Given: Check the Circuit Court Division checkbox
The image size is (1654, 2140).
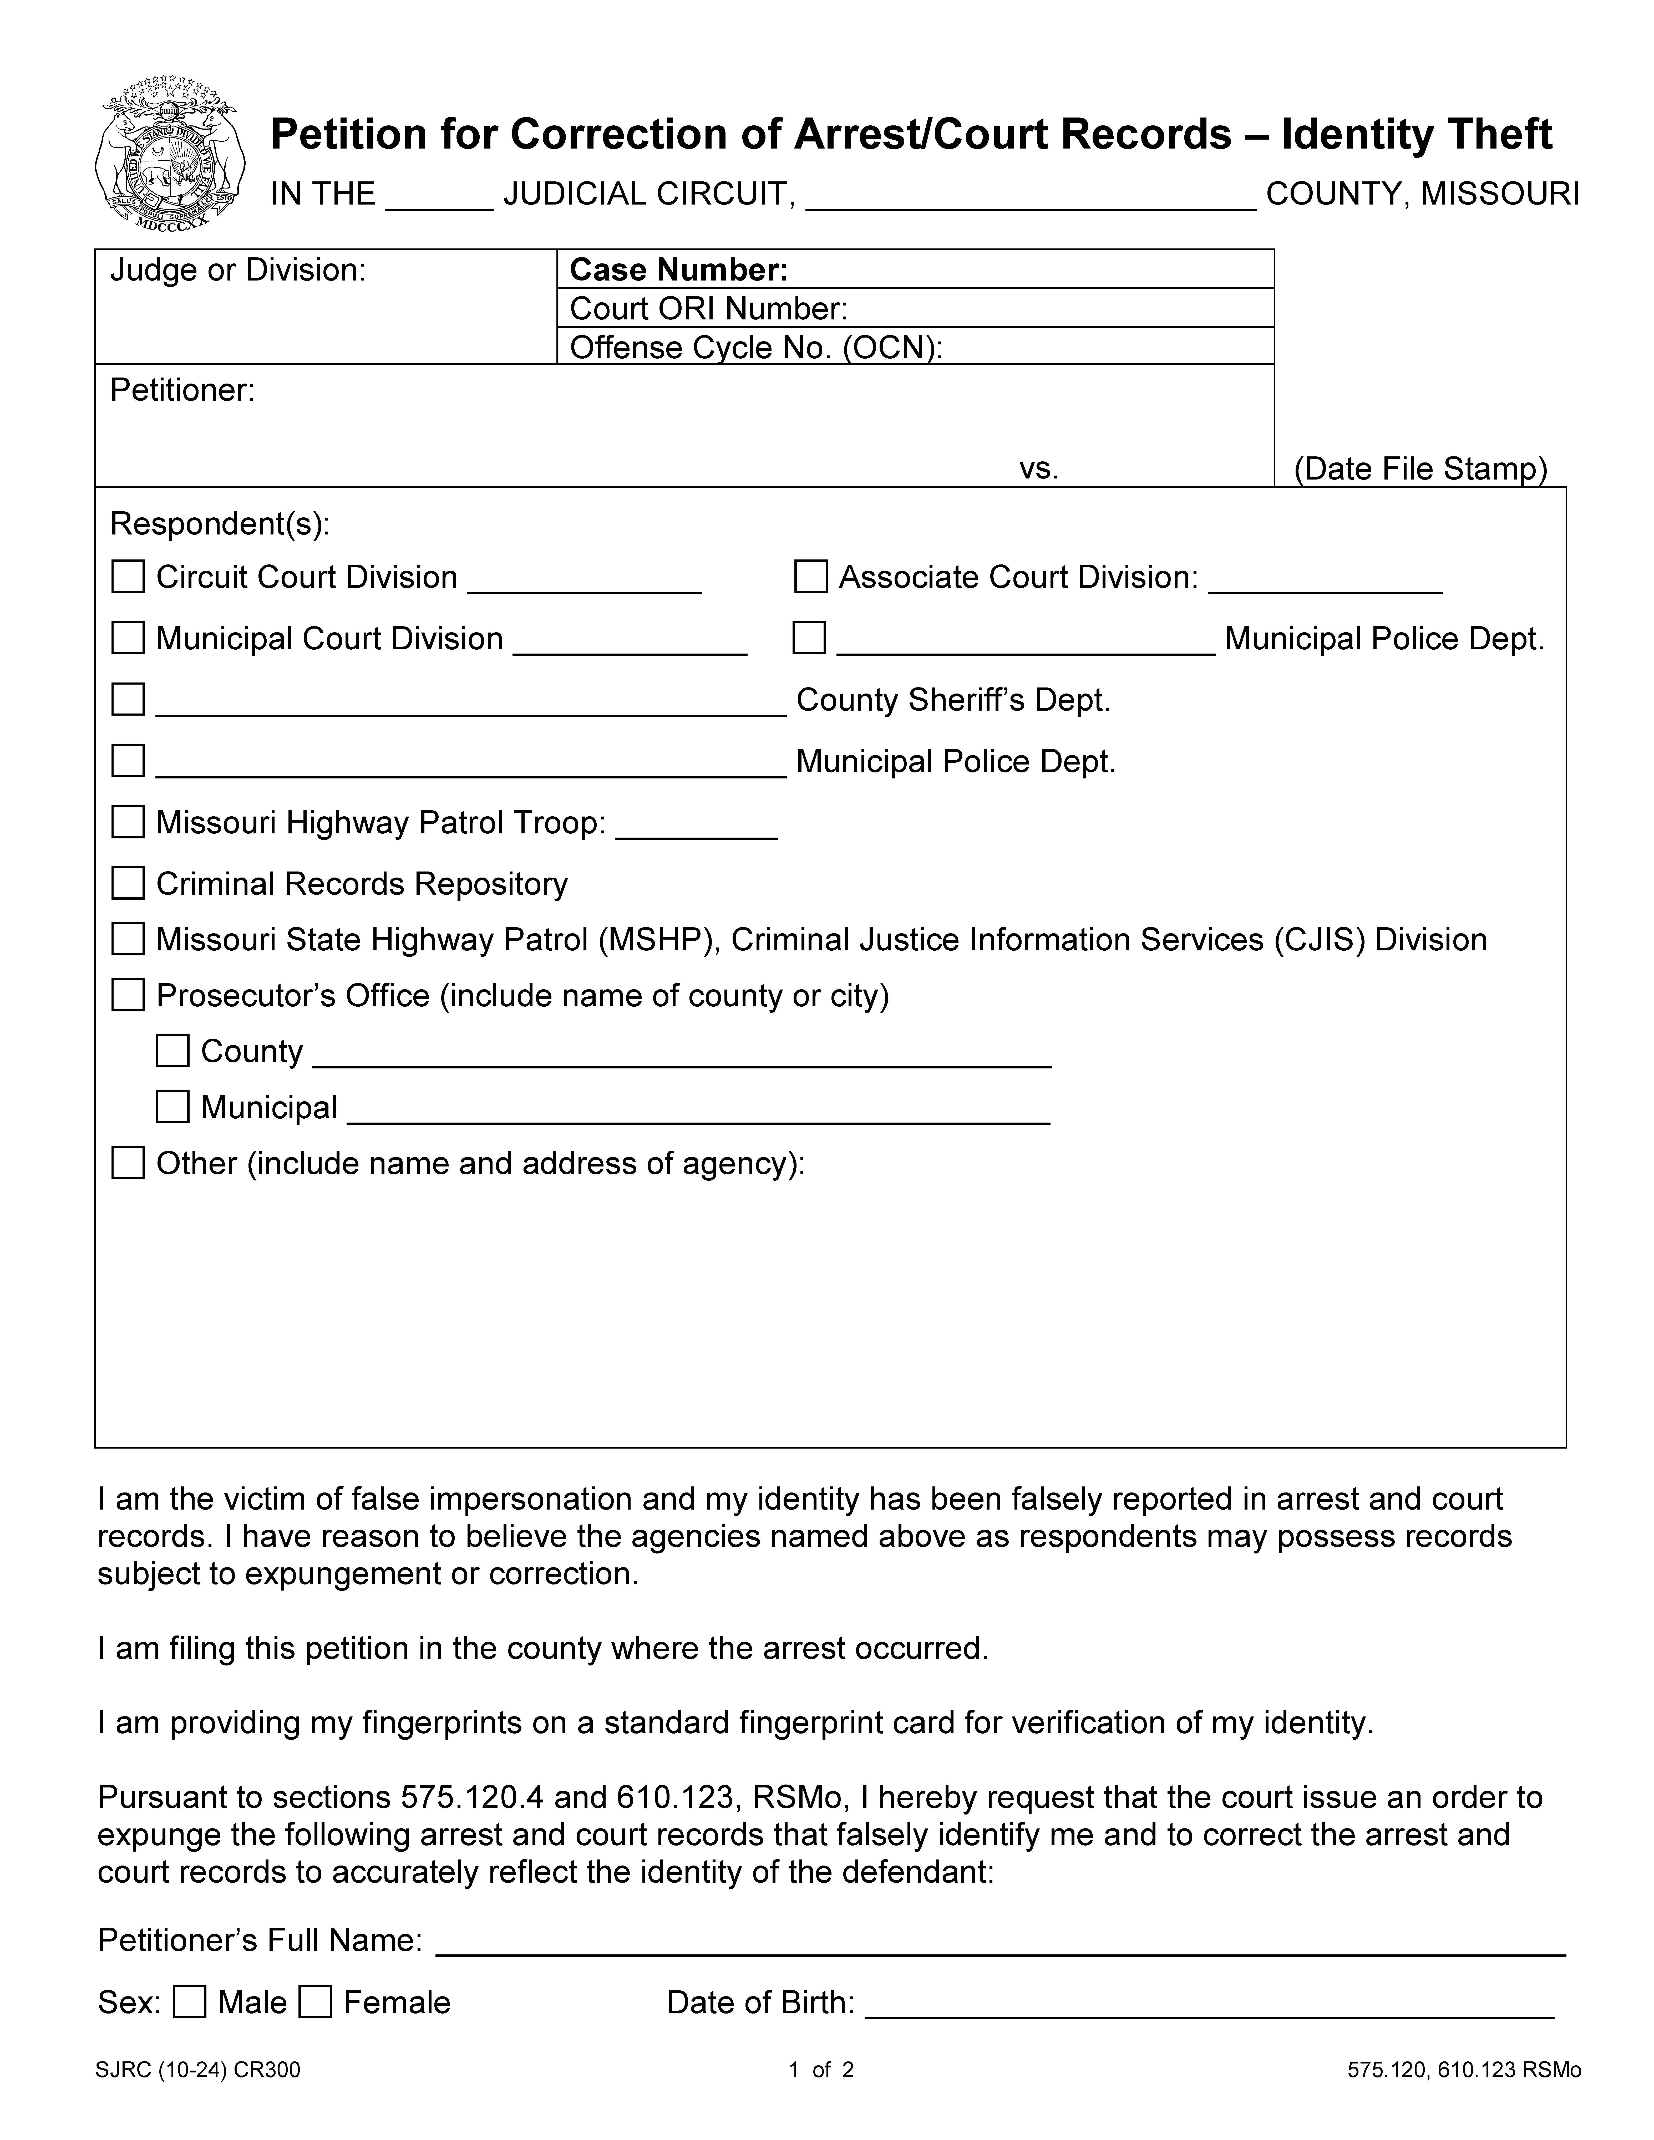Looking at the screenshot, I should point(128,577).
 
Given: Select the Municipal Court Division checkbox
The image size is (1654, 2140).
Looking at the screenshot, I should point(128,639).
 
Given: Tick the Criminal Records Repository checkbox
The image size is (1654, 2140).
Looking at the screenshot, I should point(128,884).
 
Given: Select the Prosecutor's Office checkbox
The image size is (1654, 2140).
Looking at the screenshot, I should point(128,996).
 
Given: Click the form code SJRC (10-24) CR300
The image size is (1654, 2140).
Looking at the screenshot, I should point(198,2070).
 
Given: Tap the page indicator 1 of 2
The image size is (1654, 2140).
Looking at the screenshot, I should point(821,2070).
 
